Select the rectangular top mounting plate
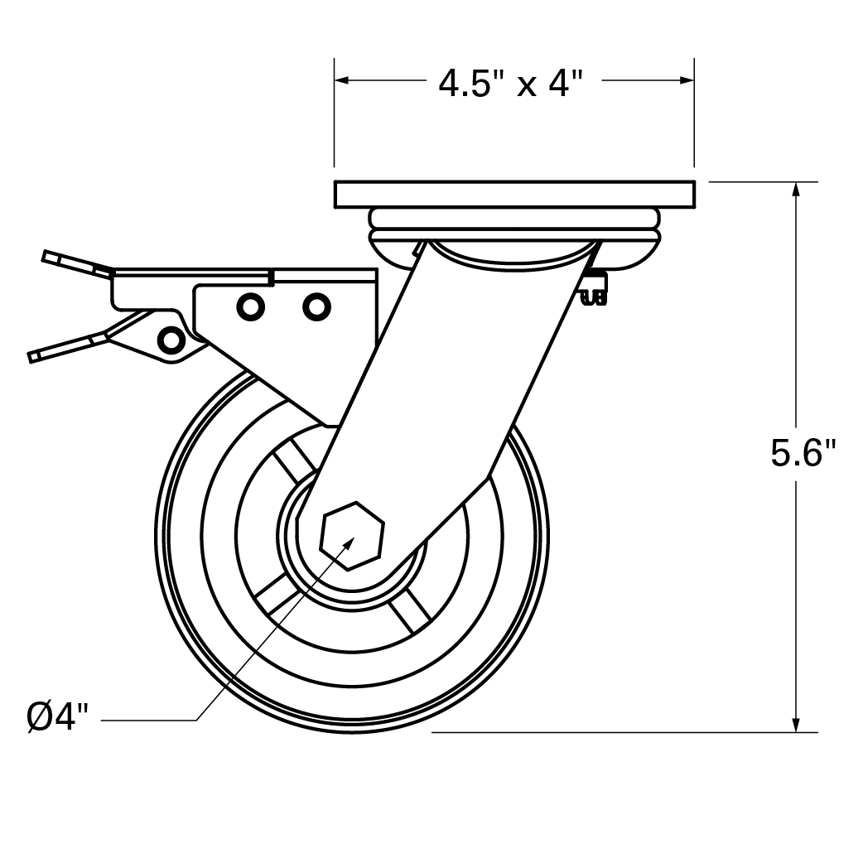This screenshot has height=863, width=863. pos(514,194)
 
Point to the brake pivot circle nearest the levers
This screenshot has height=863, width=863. pos(170,339)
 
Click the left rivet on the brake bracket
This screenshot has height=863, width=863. pos(248,306)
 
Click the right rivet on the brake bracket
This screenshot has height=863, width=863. pos(316,306)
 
